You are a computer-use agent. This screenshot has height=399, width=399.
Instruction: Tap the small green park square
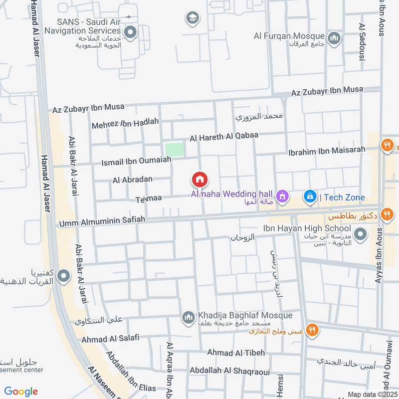tap(174, 149)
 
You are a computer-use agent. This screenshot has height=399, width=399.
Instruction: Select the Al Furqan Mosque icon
tap(334, 37)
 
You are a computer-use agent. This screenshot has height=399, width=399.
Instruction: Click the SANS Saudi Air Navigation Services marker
tap(131, 33)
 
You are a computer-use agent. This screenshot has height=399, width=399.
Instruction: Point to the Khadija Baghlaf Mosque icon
tap(188, 317)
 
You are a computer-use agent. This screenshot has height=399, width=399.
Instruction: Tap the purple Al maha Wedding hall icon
tap(283, 196)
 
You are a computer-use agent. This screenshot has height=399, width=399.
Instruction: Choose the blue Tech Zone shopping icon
tap(310, 197)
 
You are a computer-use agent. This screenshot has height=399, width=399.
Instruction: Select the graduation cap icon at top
tap(192, 19)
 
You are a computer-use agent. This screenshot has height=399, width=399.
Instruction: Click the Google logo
tap(21, 391)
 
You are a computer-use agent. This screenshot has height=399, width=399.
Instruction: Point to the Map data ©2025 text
tap(371, 394)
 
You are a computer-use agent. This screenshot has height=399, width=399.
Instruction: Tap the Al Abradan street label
tap(133, 180)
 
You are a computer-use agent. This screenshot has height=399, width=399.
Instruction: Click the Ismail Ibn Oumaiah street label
tap(136, 161)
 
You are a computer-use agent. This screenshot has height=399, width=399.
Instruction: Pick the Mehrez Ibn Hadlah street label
tap(125, 123)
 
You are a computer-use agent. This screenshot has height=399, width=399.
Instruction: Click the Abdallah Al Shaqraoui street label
tap(229, 371)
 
